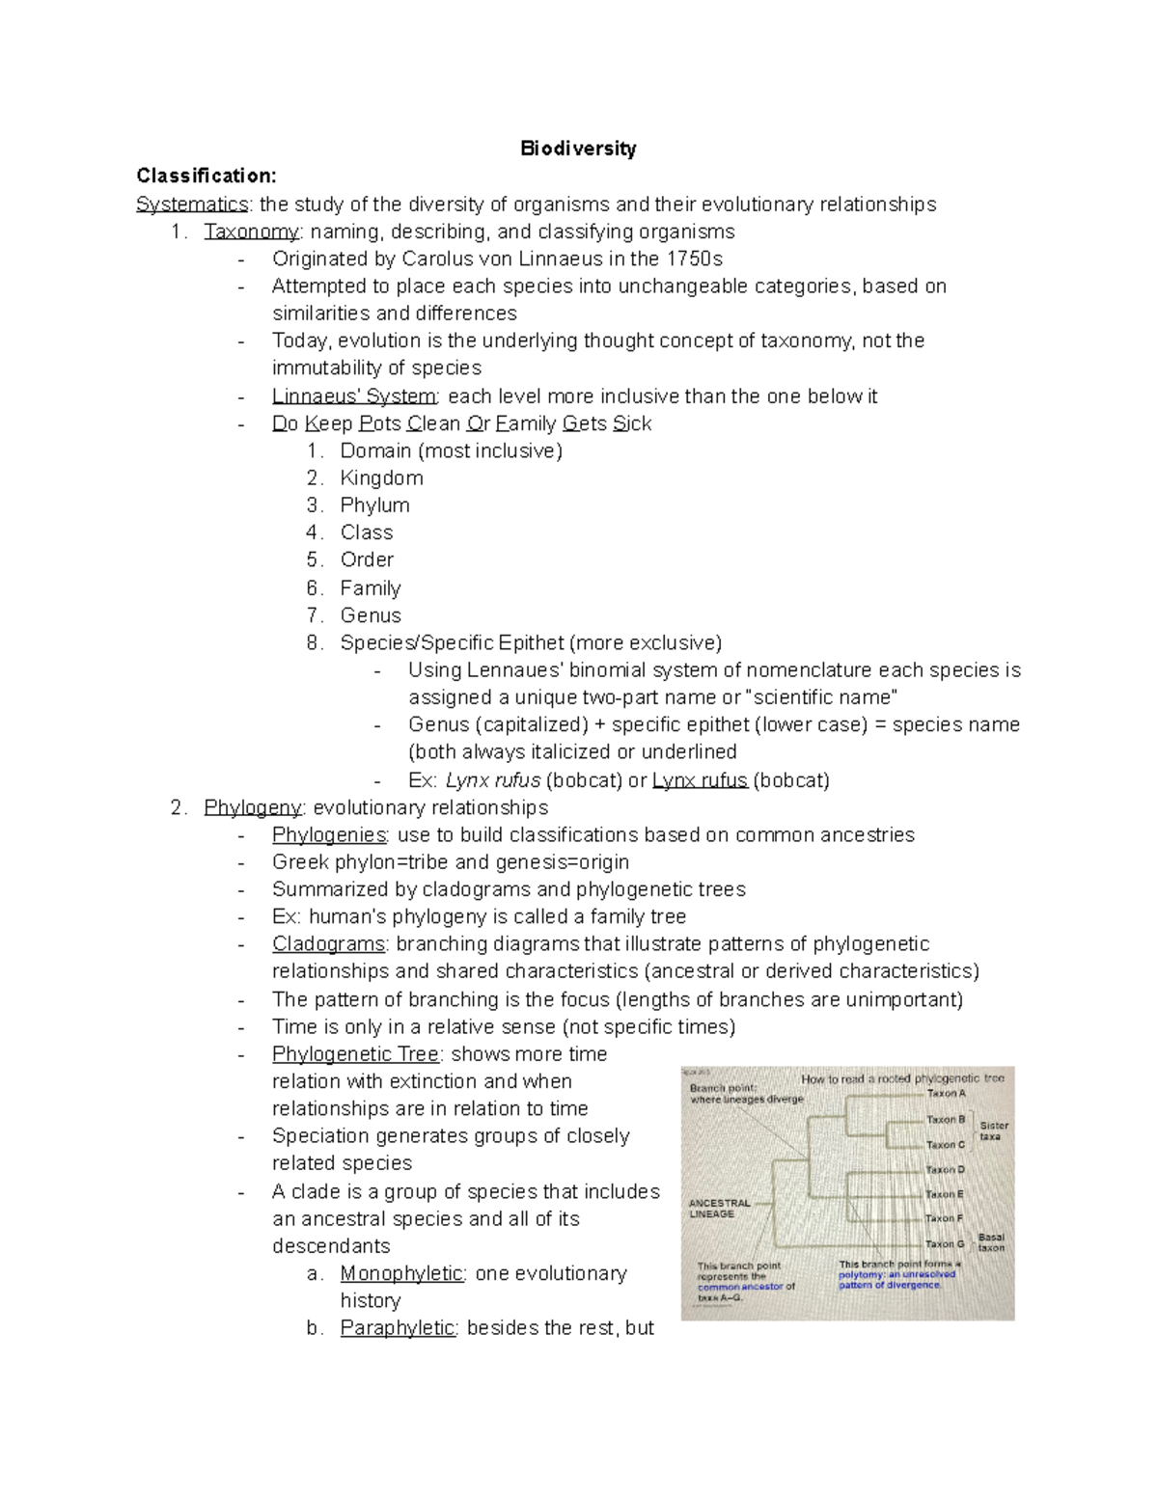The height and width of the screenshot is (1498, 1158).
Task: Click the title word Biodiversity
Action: [x=578, y=149]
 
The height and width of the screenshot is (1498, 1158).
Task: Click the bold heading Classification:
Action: [x=207, y=176]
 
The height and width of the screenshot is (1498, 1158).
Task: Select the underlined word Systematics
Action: [x=192, y=204]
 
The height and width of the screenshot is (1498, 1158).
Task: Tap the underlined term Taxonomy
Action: [x=251, y=232]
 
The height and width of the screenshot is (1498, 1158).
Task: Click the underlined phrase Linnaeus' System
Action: [x=354, y=396]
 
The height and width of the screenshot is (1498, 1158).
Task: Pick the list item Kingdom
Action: [x=381, y=478]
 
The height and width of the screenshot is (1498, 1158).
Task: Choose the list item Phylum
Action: [x=374, y=505]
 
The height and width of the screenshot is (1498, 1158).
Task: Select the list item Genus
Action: [x=371, y=615]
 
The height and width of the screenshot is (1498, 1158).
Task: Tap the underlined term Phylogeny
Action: [x=253, y=807]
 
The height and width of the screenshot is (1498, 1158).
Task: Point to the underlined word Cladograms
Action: [x=328, y=943]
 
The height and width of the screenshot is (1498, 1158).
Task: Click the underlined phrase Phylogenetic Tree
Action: [x=356, y=1054]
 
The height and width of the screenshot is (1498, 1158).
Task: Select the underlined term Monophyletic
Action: [x=401, y=1273]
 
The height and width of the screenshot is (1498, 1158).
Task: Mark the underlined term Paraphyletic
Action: [x=398, y=1328]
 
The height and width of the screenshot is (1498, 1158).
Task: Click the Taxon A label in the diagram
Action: [x=946, y=1094]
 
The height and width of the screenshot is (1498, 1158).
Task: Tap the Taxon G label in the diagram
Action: [x=945, y=1244]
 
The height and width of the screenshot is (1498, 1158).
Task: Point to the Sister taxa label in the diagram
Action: [x=993, y=1131]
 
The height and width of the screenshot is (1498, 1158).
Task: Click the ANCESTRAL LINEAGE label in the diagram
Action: [x=719, y=1209]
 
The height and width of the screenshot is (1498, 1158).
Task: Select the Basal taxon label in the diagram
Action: [x=991, y=1242]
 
